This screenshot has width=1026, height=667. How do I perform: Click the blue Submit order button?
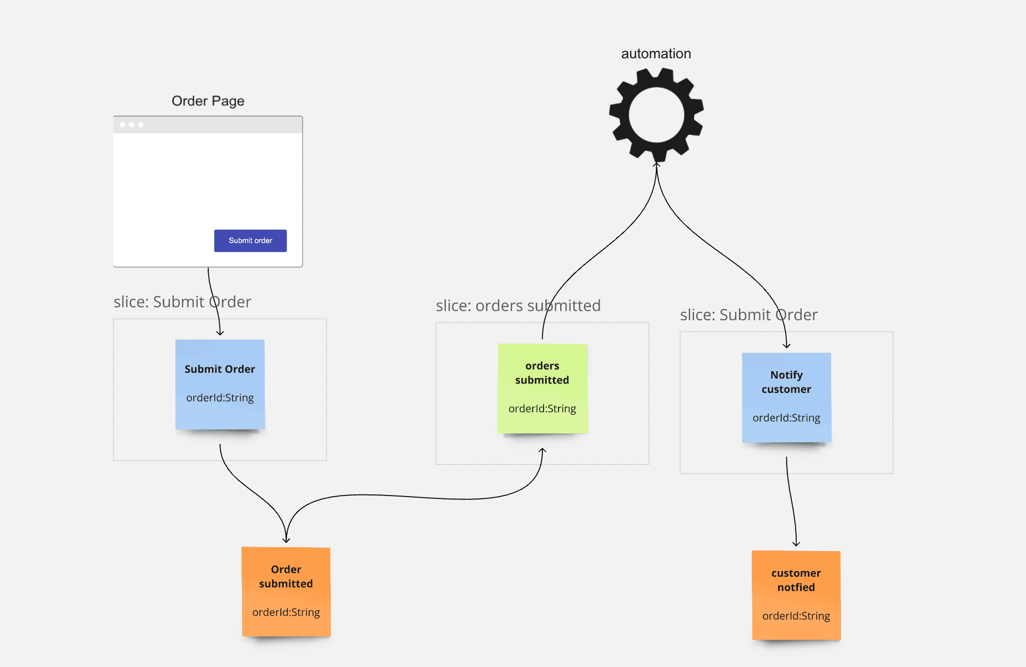click(250, 241)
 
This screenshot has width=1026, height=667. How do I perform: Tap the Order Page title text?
click(208, 101)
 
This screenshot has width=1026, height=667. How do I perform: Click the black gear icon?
click(656, 115)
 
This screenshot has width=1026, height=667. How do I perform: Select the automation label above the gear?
click(656, 54)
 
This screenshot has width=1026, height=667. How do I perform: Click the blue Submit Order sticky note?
click(220, 384)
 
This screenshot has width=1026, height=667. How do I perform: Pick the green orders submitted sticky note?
click(542, 388)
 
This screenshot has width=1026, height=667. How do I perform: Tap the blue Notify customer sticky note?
click(786, 397)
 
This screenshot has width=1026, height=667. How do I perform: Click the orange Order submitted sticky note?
click(286, 592)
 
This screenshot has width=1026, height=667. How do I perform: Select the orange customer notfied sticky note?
click(796, 595)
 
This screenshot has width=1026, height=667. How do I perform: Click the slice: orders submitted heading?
click(518, 306)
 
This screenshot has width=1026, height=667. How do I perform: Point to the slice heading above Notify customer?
click(748, 315)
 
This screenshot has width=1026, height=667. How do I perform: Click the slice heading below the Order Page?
click(182, 302)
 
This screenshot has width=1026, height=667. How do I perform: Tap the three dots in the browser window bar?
click(132, 125)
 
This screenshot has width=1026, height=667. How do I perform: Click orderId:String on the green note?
click(542, 409)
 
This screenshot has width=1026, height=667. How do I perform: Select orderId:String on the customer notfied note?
click(796, 616)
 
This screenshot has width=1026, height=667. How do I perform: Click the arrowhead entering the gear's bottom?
click(656, 164)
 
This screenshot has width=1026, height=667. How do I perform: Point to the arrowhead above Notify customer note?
click(786, 346)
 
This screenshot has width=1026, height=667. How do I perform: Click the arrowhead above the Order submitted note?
click(286, 539)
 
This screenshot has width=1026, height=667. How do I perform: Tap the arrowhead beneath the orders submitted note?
click(542, 451)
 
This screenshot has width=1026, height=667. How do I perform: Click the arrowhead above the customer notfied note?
click(796, 544)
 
